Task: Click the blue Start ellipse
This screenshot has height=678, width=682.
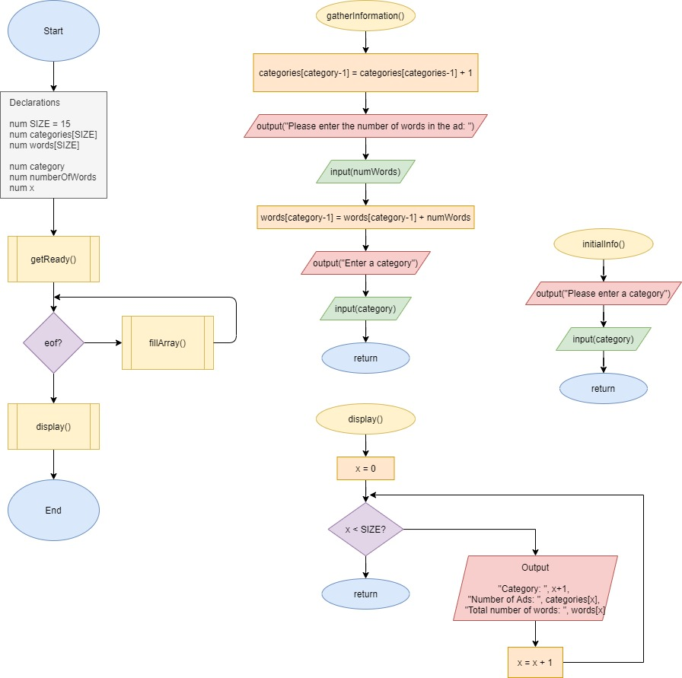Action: tap(53, 31)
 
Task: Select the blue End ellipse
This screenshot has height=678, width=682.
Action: tap(53, 510)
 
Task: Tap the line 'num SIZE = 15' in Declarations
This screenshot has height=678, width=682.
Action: tap(40, 123)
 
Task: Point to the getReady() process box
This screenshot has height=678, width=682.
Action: tap(53, 259)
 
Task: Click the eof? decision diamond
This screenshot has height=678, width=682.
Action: tap(53, 342)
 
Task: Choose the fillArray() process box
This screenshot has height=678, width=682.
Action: tap(167, 342)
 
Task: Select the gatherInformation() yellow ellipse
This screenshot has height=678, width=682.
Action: tap(365, 16)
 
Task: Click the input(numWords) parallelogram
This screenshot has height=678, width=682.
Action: tap(365, 172)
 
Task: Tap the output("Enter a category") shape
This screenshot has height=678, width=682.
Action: tap(365, 263)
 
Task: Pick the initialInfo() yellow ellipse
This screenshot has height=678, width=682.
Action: tap(603, 244)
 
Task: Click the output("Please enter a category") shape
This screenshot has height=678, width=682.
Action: tap(603, 294)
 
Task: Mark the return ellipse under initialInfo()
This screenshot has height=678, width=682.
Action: tap(603, 388)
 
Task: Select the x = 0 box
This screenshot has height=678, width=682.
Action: tap(365, 468)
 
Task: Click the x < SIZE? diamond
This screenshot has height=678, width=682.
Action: tap(365, 529)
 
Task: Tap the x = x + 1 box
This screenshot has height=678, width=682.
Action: tap(534, 662)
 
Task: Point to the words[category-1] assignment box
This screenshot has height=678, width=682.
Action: tap(365, 218)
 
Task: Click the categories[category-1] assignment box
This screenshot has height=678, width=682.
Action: tap(365, 73)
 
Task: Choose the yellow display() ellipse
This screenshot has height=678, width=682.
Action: tap(365, 419)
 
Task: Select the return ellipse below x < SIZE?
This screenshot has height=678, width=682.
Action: tap(365, 594)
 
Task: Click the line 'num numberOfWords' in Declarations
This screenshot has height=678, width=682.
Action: tap(53, 177)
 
